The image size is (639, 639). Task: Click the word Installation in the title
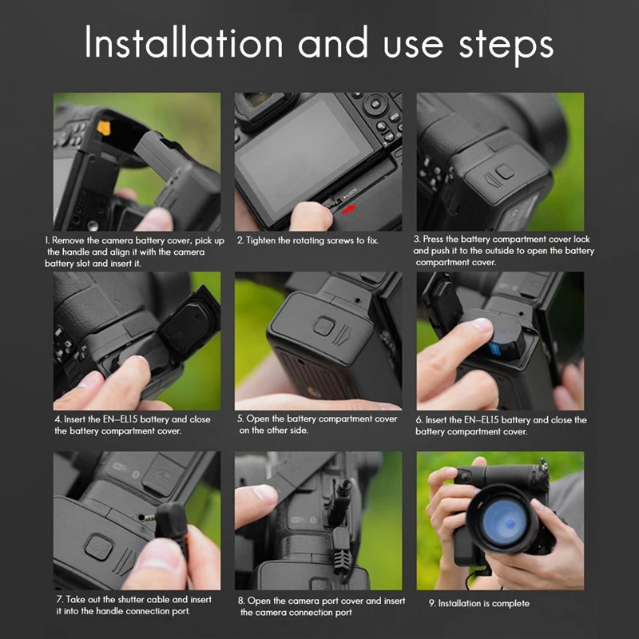pyautogui.click(x=184, y=42)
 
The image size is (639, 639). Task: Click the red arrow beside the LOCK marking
pyautogui.click(x=348, y=209)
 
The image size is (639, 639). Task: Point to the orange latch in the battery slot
pyautogui.click(x=104, y=128)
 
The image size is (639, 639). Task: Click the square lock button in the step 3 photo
pyautogui.click(x=506, y=172)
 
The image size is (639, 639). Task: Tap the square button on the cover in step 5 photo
pyautogui.click(x=324, y=326)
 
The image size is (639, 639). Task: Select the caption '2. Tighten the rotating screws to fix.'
pyautogui.click(x=308, y=240)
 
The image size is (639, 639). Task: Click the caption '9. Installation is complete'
pyautogui.click(x=478, y=603)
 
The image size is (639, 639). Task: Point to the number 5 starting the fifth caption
pyautogui.click(x=240, y=419)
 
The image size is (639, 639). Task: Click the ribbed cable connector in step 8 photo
pyautogui.click(x=342, y=550)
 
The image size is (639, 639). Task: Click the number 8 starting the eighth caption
pyautogui.click(x=241, y=601)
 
